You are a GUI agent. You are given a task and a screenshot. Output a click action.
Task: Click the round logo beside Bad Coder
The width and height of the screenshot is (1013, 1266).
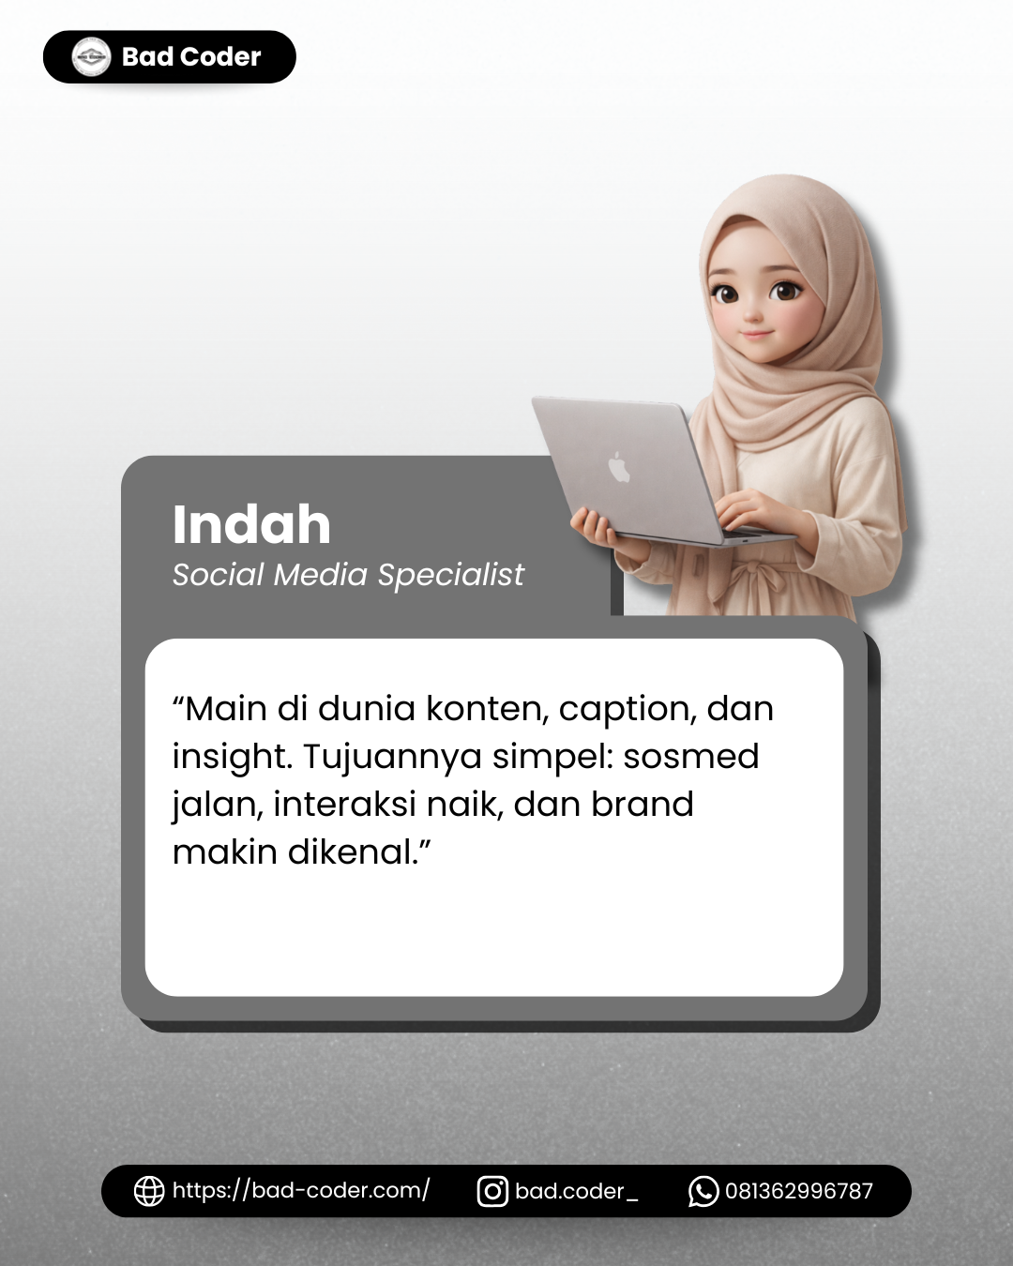(x=91, y=57)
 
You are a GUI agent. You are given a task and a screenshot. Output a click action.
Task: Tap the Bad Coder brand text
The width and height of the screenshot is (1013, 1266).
(x=191, y=57)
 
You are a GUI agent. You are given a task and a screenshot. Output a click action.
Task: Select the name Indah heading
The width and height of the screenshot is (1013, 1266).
(x=251, y=524)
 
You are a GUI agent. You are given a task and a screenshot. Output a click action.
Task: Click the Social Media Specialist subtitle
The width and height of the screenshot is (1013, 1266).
(x=348, y=575)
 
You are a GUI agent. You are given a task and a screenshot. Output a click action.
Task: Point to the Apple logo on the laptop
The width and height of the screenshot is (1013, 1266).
(x=619, y=466)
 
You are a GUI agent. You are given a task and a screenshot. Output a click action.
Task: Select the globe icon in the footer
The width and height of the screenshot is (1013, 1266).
(x=149, y=1191)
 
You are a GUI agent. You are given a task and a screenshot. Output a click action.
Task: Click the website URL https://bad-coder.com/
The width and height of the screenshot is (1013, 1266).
(x=300, y=1191)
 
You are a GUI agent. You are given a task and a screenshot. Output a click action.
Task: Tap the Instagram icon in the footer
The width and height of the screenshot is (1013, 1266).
(x=492, y=1191)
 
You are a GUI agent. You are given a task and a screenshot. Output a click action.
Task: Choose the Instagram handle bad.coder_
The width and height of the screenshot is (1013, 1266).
(x=576, y=1192)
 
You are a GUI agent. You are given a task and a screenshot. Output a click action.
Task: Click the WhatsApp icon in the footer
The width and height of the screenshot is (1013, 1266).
(x=703, y=1191)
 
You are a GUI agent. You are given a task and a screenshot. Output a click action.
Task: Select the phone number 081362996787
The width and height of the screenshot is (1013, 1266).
(x=798, y=1192)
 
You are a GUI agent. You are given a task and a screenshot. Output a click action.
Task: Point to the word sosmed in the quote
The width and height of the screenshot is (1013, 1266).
(x=690, y=757)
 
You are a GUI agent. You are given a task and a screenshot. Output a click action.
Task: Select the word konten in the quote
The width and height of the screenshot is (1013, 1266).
(x=486, y=709)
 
